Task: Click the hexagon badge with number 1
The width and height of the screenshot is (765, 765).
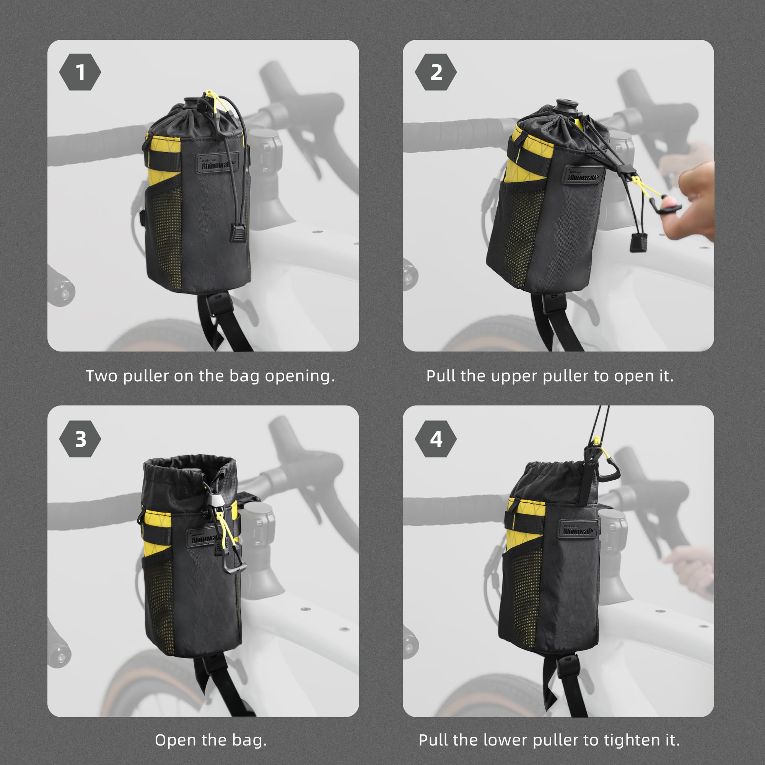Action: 80,72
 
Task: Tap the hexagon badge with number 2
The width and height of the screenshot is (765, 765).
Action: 436,72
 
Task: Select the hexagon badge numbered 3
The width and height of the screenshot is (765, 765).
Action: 80,439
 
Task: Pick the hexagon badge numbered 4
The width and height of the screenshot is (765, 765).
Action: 436,439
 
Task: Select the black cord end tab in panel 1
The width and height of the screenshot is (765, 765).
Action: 238,233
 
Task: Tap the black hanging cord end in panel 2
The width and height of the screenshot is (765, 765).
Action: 638,243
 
